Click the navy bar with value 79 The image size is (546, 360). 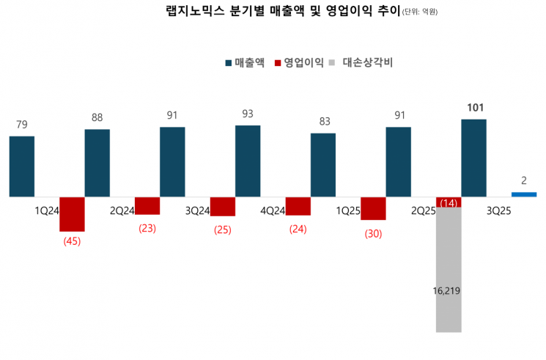tap(22, 166)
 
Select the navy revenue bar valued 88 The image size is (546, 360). tap(97, 163)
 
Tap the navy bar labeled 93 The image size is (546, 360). tap(248, 161)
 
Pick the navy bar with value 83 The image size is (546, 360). tap(323, 165)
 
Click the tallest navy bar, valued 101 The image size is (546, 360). tap(473, 158)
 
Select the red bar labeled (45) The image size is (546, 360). tap(72, 214)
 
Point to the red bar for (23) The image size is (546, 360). tap(147, 206)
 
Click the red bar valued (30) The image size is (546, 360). tap(373, 209)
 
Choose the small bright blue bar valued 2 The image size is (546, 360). tap(524, 194)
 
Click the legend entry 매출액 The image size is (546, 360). tap(245, 63)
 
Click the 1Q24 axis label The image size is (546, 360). tap(47, 210)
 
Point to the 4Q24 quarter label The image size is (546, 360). tap(273, 210)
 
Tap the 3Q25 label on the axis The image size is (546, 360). tap(498, 210)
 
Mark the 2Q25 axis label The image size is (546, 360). tap(423, 210)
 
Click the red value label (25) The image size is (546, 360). tap(222, 229)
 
